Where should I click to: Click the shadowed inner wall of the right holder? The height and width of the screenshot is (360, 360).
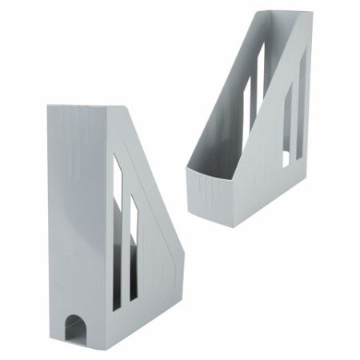tap(232, 120)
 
